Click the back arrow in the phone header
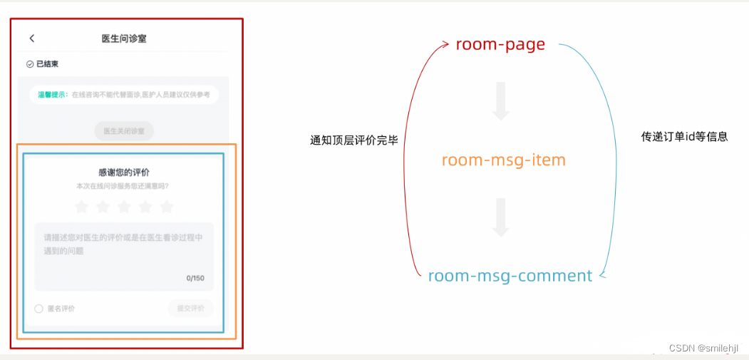click(x=31, y=38)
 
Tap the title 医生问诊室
click(x=124, y=38)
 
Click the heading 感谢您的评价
click(x=124, y=173)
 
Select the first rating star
click(x=81, y=207)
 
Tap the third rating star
click(x=124, y=207)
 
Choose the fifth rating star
click(x=167, y=207)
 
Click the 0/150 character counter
click(x=195, y=278)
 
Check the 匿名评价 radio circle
click(x=39, y=309)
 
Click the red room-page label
click(x=500, y=44)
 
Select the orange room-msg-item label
click(x=503, y=160)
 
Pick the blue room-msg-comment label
click(x=510, y=276)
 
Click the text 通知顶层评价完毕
click(x=353, y=140)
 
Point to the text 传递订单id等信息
click(x=684, y=136)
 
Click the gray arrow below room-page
click(x=501, y=102)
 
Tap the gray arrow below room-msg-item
click(x=501, y=218)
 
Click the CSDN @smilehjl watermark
click(x=703, y=347)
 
